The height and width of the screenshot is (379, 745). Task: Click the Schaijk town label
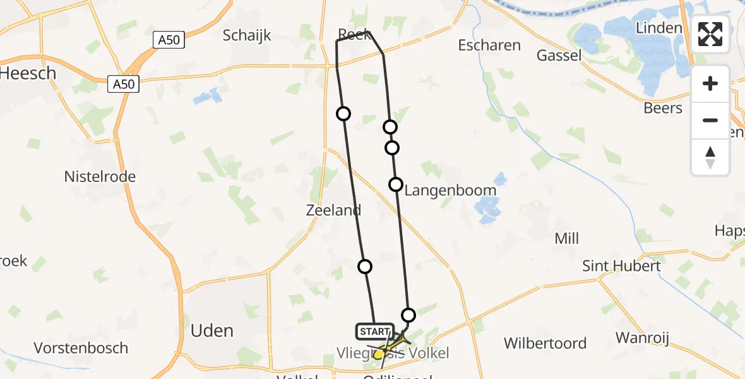point(247,35)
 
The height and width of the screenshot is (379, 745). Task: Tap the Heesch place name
point(28,73)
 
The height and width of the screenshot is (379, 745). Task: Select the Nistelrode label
point(100,177)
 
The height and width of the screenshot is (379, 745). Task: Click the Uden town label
point(212,330)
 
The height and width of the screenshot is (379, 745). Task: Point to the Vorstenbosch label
point(81,348)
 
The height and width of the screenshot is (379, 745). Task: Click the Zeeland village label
point(333,210)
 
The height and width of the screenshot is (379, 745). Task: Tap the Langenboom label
point(450,190)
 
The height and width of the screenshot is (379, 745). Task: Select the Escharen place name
point(489,45)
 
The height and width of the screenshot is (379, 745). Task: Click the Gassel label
point(559,56)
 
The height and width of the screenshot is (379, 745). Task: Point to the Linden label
point(659,28)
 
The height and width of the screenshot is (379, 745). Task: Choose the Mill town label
point(566,239)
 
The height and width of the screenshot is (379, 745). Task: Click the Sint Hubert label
point(622,266)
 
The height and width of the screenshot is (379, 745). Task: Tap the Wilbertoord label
point(545,344)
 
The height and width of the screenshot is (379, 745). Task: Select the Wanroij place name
point(642,338)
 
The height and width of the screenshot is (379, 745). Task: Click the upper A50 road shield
point(169,40)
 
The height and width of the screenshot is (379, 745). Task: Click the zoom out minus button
point(710,120)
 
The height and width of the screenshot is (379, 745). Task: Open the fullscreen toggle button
point(710,34)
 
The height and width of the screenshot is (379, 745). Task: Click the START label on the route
point(375,332)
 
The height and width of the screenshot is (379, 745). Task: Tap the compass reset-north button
point(710,157)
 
